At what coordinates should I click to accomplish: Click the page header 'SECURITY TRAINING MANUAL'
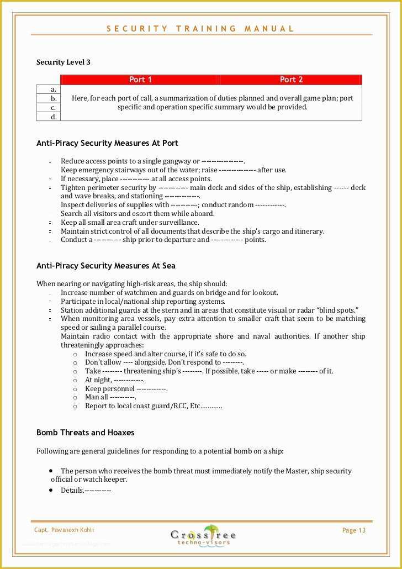click(200, 29)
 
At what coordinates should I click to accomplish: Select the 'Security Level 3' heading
click(64, 62)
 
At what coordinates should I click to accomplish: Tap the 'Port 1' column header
click(140, 80)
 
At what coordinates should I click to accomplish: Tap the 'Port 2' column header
click(291, 80)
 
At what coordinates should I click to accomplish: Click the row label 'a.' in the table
click(54, 89)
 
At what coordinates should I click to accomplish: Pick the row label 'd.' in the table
click(54, 117)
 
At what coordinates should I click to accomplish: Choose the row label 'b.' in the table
click(54, 98)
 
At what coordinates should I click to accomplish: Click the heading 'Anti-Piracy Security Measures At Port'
click(107, 143)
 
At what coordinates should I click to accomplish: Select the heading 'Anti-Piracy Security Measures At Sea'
click(106, 266)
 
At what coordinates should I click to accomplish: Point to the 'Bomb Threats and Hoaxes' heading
click(85, 433)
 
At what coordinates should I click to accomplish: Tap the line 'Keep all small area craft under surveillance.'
click(130, 223)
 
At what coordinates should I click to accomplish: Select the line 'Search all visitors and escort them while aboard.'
click(137, 214)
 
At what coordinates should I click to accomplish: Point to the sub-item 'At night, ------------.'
click(114, 380)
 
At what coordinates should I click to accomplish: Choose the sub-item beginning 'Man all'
click(110, 397)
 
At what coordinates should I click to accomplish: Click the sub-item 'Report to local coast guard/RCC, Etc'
click(153, 406)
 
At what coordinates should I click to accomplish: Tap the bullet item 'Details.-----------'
click(86, 491)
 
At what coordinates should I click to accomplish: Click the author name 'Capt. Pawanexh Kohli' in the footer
click(64, 530)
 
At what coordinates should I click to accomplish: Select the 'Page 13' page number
click(354, 530)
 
